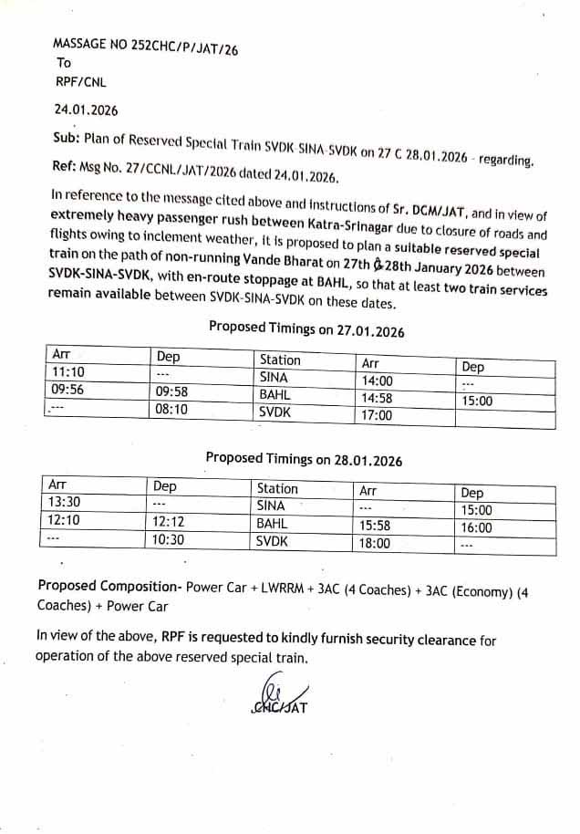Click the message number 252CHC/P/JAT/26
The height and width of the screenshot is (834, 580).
(x=145, y=45)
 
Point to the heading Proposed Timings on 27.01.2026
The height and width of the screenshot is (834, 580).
(x=306, y=329)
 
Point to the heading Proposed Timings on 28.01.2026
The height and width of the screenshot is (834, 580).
(x=304, y=461)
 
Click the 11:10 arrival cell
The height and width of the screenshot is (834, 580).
(x=68, y=372)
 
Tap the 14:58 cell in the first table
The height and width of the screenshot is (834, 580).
(x=378, y=399)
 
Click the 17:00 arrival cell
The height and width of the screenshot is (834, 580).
(x=378, y=416)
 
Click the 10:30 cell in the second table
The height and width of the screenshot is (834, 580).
(x=171, y=540)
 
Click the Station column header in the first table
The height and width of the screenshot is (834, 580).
(x=280, y=360)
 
